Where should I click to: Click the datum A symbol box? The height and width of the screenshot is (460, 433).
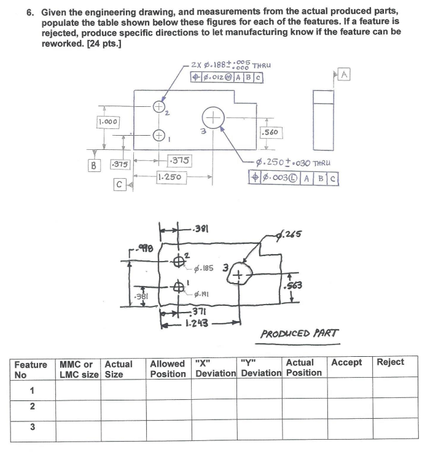[x=345, y=75]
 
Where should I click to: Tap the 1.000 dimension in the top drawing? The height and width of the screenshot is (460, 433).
[x=109, y=122]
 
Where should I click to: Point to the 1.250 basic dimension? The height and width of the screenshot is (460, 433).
[x=171, y=176]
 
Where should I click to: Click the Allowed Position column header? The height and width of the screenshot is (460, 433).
[x=168, y=368]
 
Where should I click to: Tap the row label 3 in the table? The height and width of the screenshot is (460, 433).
[x=31, y=427]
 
